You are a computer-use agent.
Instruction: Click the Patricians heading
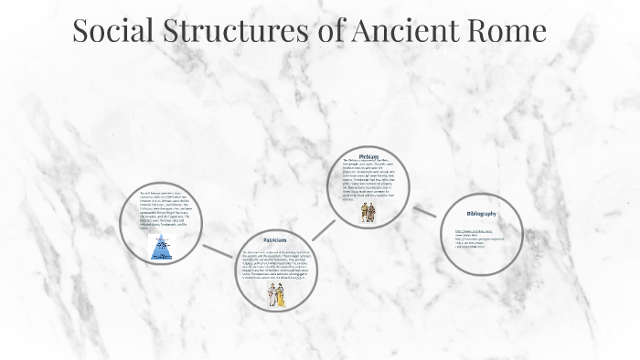275,238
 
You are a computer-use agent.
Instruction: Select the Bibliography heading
481,214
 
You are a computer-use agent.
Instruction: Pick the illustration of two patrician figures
277,293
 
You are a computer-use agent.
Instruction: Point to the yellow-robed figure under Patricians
282,293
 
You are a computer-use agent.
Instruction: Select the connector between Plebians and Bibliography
424,212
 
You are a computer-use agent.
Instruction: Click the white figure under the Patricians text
272,294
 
